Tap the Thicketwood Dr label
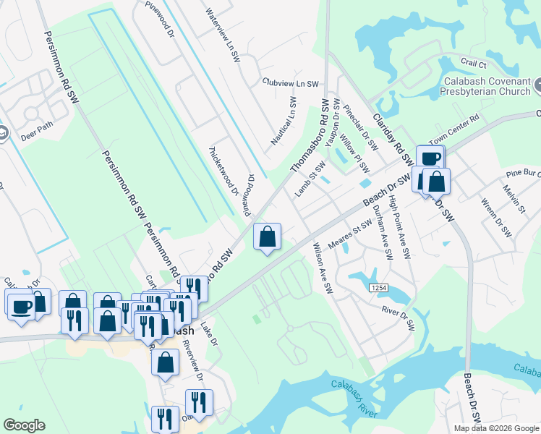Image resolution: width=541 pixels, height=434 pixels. point(223,171)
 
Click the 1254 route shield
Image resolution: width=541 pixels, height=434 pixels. point(379,288)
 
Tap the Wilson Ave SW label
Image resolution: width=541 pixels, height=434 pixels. point(322,268)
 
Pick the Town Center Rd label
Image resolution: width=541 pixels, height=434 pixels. point(453,129)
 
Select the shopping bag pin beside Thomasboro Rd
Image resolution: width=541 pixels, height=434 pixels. point(268,236)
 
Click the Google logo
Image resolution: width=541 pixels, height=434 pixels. point(24,425)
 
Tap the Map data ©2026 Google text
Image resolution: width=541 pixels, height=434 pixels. point(496,428)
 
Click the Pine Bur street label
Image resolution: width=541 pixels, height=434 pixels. point(523,174)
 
